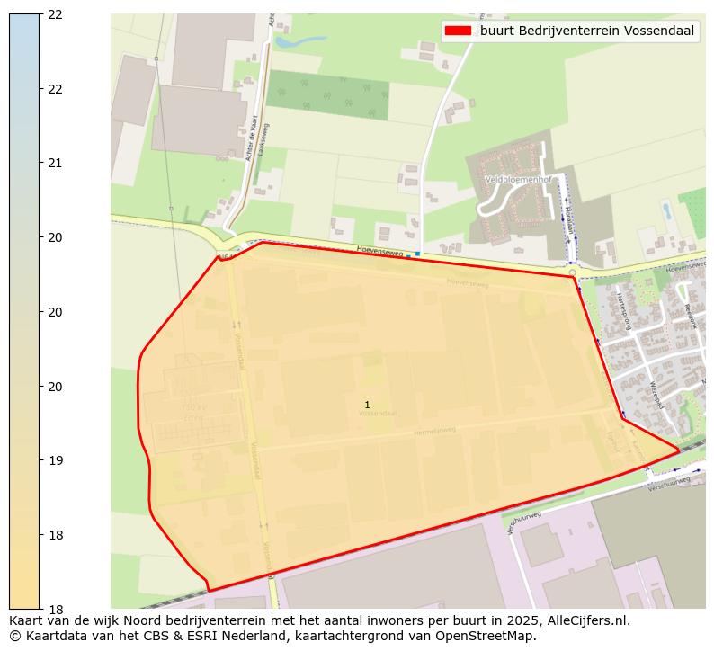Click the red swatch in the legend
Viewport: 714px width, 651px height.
coord(458,31)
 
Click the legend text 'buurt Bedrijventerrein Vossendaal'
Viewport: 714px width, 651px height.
coord(586,31)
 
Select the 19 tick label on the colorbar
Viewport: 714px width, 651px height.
coord(55,460)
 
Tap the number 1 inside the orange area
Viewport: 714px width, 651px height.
coord(367,405)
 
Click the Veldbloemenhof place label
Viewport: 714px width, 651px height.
coord(517,179)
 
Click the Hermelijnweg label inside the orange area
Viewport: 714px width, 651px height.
coord(435,432)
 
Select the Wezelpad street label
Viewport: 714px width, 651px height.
coord(656,394)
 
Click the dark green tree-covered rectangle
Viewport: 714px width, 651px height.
coord(327,94)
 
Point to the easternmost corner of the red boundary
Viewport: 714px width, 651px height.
coord(679,450)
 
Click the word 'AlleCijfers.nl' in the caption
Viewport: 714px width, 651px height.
coord(586,620)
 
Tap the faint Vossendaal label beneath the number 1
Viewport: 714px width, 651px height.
coord(377,413)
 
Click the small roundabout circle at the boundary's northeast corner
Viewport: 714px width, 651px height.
coord(572,272)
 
